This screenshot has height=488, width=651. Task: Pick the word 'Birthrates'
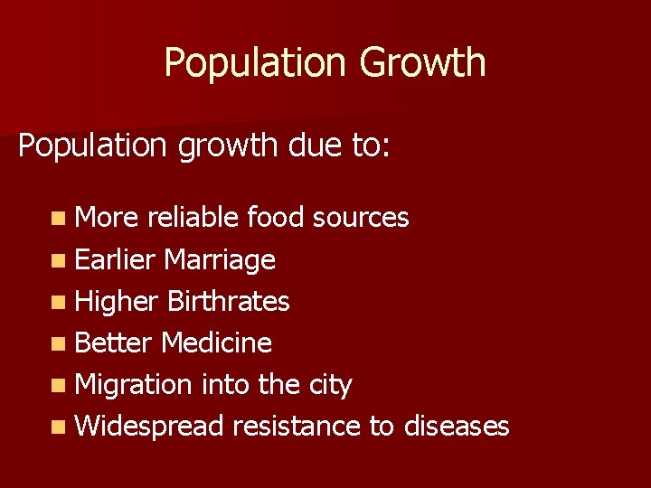229,302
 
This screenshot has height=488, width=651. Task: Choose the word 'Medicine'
216,343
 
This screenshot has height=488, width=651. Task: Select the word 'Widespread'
149,427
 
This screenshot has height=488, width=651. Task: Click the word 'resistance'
297,426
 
